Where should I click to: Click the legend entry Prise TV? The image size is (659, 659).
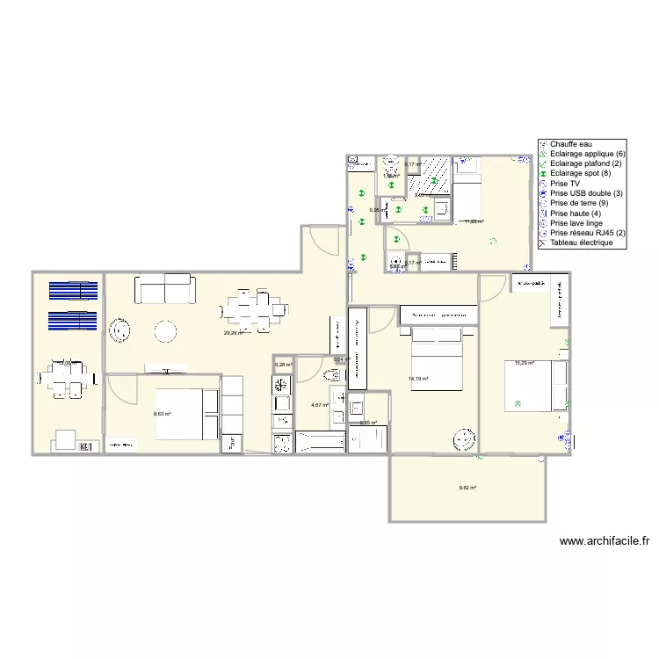[568, 184]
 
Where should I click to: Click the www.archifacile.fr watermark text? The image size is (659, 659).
[609, 542]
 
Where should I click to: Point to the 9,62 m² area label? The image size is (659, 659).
[467, 488]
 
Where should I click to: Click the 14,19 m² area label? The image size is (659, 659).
[418, 380]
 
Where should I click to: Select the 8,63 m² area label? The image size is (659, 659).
[163, 414]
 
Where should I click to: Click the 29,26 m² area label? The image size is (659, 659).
[233, 333]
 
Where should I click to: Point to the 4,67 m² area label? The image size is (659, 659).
[320, 405]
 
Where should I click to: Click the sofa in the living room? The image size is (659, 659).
[164, 288]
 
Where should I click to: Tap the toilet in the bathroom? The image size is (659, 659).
[332, 375]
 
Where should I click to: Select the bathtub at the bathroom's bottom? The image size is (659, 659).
[320, 442]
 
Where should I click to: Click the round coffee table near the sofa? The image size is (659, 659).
[165, 331]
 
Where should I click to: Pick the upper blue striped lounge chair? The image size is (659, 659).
[73, 291]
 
